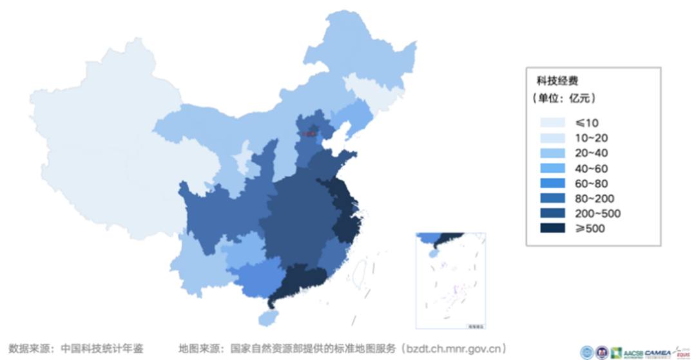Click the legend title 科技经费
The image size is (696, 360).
tap(557, 81)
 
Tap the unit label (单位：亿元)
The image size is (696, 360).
tap(563, 99)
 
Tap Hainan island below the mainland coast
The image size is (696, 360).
tap(266, 317)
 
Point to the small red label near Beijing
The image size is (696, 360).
tap(310, 134)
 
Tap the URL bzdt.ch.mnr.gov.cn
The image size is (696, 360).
tap(452, 349)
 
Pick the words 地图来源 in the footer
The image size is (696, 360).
tap(198, 349)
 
